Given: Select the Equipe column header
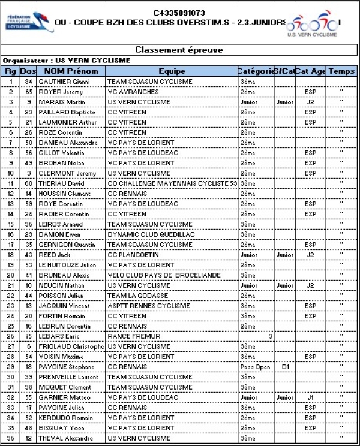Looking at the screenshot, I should click(172, 71).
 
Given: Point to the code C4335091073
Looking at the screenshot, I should click(179, 12).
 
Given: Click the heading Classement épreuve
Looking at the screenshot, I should click(179, 50).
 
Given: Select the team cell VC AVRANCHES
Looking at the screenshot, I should click(133, 92).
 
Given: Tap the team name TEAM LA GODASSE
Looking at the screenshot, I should click(137, 296).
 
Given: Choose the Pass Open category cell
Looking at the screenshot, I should click(251, 367).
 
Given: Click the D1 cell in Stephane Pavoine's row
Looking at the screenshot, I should click(285, 367).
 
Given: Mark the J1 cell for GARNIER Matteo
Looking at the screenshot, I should click(310, 397).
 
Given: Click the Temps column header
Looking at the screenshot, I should click(341, 71).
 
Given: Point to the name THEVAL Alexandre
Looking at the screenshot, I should click(67, 438).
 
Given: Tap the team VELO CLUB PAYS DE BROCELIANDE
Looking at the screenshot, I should click(155, 275).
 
